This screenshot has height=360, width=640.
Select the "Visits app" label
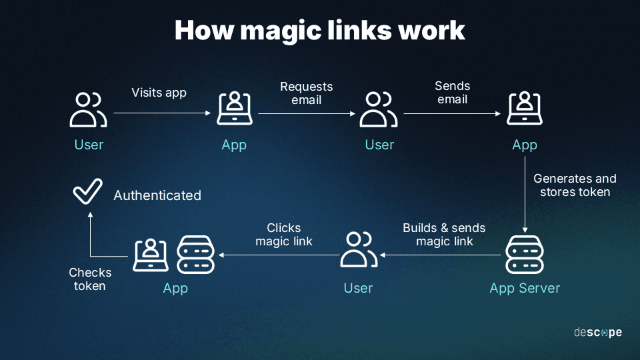coord(159,93)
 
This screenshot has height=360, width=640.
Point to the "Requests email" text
coord(306,93)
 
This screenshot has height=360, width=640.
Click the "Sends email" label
coord(452,93)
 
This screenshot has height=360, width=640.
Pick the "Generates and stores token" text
coord(575,185)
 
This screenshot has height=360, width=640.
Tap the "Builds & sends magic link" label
coord(444,235)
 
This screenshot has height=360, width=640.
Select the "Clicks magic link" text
coord(284,235)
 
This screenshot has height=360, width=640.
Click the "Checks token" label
coord(90,279)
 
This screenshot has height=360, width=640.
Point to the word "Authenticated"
coord(157,195)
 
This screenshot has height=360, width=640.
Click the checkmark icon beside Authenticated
coord(87,191)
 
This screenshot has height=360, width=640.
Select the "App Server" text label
coord(525,288)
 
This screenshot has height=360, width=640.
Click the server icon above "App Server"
coord(525,255)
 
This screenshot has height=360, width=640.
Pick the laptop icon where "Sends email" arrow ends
coord(525,109)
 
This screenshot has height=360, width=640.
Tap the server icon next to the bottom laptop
coord(196,255)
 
